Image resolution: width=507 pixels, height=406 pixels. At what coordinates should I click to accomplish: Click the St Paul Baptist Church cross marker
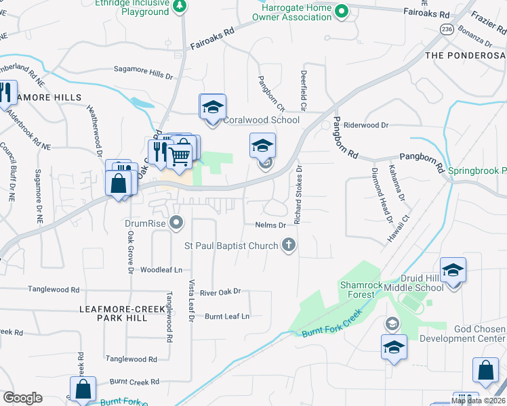click(x=289, y=244)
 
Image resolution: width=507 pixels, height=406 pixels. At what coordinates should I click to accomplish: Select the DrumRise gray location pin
click(x=177, y=221)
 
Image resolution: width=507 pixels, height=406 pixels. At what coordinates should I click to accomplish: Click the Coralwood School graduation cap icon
click(x=212, y=108)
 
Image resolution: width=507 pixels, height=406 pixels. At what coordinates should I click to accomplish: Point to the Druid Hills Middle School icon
click(x=453, y=271)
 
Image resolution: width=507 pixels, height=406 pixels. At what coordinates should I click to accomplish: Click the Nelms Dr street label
click(x=272, y=225)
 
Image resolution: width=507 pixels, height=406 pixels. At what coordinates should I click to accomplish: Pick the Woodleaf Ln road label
click(x=161, y=269)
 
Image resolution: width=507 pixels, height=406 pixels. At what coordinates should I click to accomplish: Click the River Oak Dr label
click(x=221, y=292)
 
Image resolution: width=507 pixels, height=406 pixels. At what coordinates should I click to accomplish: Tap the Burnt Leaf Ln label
click(x=227, y=316)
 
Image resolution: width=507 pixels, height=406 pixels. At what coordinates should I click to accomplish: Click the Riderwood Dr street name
click(x=365, y=125)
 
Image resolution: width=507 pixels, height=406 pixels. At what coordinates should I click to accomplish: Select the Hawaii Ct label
click(x=398, y=229)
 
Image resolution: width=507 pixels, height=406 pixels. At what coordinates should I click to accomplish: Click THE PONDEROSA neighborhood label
click(x=465, y=53)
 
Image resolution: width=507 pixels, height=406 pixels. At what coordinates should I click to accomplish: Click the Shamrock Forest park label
click(x=357, y=289)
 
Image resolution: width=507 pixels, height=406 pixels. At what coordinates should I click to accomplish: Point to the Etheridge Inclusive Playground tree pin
click(x=179, y=7)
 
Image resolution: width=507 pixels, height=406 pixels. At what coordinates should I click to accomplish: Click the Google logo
click(x=22, y=398)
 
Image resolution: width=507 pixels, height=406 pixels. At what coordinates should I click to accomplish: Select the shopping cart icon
click(x=179, y=155)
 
